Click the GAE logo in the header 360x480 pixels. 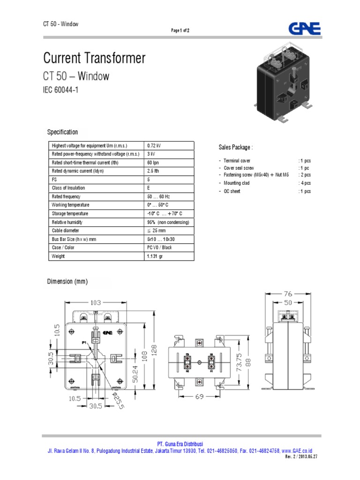(x=304, y=28)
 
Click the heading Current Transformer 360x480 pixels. (x=94, y=59)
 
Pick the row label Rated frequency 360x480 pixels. (x=67, y=196)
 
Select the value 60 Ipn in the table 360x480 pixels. (x=153, y=163)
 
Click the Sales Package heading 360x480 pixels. (x=236, y=147)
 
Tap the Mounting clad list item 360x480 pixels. (x=237, y=183)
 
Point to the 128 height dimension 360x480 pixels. (x=154, y=350)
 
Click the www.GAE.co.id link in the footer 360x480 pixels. (x=298, y=450)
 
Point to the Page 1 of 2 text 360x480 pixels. (x=180, y=30)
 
